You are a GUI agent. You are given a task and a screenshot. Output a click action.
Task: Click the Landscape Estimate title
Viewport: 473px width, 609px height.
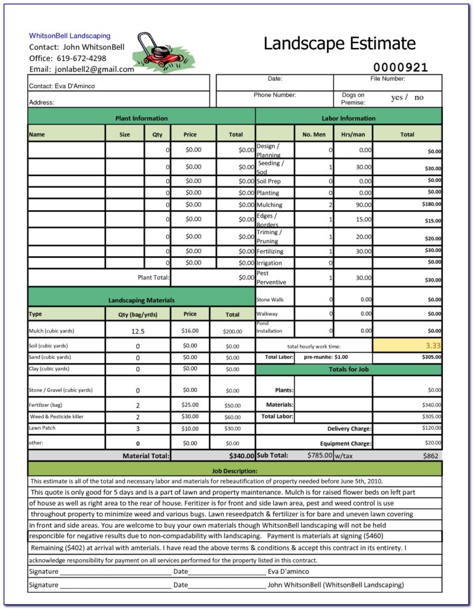(339, 44)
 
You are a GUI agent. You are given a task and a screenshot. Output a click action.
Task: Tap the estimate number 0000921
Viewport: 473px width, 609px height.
(400, 68)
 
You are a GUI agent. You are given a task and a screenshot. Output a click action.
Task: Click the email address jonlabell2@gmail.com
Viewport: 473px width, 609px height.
(94, 69)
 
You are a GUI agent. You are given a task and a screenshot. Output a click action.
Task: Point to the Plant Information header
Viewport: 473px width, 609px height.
(141, 118)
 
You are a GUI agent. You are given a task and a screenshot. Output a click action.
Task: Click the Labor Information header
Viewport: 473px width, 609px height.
(348, 118)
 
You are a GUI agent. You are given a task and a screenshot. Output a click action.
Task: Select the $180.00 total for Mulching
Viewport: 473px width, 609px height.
(431, 204)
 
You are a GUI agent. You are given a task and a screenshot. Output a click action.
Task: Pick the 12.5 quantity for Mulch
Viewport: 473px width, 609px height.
(138, 331)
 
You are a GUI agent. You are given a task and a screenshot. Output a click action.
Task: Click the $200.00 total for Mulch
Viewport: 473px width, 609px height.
(232, 331)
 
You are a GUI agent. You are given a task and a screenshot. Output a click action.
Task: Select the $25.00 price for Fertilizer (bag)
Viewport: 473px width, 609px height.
(190, 405)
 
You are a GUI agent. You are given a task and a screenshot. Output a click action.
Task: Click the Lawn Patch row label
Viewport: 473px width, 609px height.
(42, 428)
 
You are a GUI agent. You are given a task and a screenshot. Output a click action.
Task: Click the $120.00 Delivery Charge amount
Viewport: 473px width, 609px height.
(431, 427)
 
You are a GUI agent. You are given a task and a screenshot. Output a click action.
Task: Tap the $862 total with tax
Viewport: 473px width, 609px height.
(430, 456)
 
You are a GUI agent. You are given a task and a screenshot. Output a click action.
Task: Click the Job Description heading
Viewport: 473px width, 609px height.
(235, 471)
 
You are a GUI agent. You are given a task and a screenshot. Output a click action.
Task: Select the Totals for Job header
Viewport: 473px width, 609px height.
(348, 369)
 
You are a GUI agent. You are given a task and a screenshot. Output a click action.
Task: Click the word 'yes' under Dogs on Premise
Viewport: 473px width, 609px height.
(397, 97)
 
